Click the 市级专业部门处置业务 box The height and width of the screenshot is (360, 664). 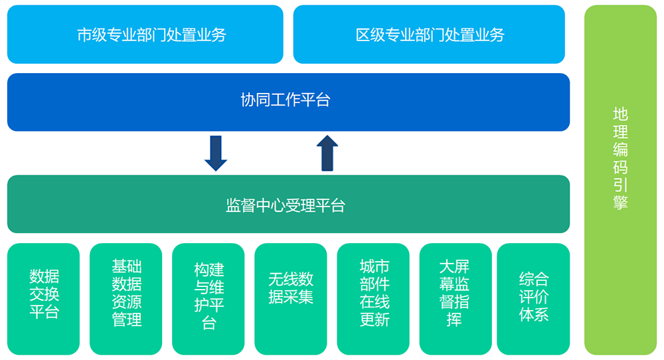(145, 35)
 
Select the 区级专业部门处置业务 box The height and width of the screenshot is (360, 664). (429, 35)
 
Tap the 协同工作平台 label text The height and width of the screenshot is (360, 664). (286, 100)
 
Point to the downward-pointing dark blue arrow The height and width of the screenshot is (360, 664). (216, 153)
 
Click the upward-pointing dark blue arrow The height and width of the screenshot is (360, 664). (327, 153)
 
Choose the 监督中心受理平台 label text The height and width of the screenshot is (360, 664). (286, 205)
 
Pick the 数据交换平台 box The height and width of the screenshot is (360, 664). (44, 299)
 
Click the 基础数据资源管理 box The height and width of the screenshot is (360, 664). (125, 299)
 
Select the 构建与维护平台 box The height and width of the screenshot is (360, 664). (208, 299)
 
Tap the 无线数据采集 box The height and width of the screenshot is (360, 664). (291, 299)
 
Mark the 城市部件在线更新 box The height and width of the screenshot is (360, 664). (373, 299)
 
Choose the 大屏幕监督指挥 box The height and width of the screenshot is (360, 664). (456, 299)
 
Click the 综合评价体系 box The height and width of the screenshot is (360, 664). (534, 299)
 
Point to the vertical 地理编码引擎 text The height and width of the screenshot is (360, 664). (620, 158)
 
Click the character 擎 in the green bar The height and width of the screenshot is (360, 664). (620, 202)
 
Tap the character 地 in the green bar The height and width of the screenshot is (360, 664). (620, 114)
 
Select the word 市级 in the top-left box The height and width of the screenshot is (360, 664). (92, 35)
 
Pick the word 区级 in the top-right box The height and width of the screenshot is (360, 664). (370, 35)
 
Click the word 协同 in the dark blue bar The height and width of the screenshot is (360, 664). (256, 100)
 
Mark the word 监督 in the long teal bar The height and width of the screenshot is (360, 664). (240, 205)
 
